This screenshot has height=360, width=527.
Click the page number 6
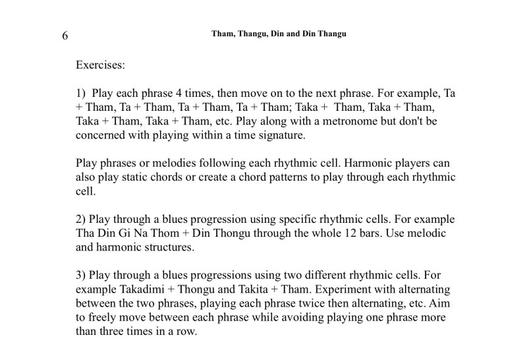(65, 36)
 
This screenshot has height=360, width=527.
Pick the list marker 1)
(81, 93)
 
